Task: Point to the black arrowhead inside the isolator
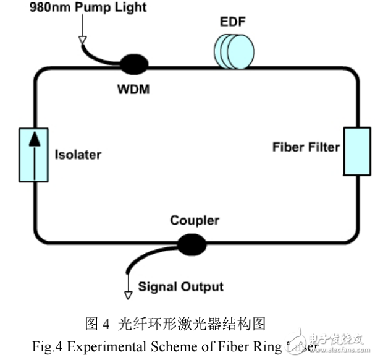35,140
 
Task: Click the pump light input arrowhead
82,41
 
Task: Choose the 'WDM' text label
133,88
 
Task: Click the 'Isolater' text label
78,154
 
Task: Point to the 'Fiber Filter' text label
305,147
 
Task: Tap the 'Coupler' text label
195,220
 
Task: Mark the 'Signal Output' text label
180,286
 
